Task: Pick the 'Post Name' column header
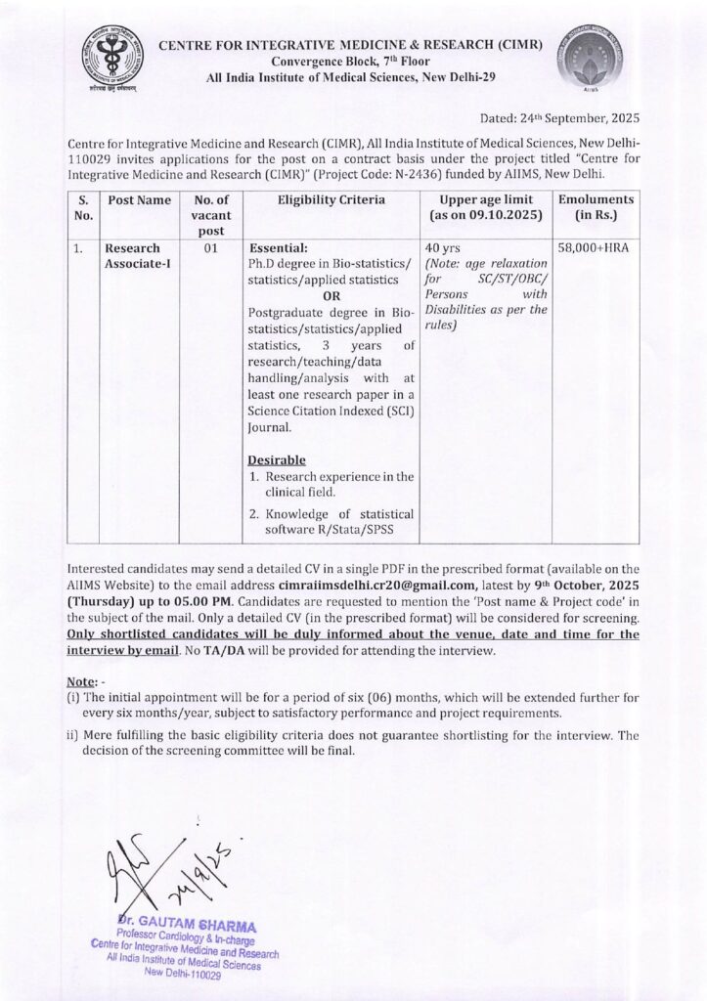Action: [x=134, y=200]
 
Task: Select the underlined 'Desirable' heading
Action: [x=278, y=459]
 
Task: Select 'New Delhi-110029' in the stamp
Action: [x=183, y=975]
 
